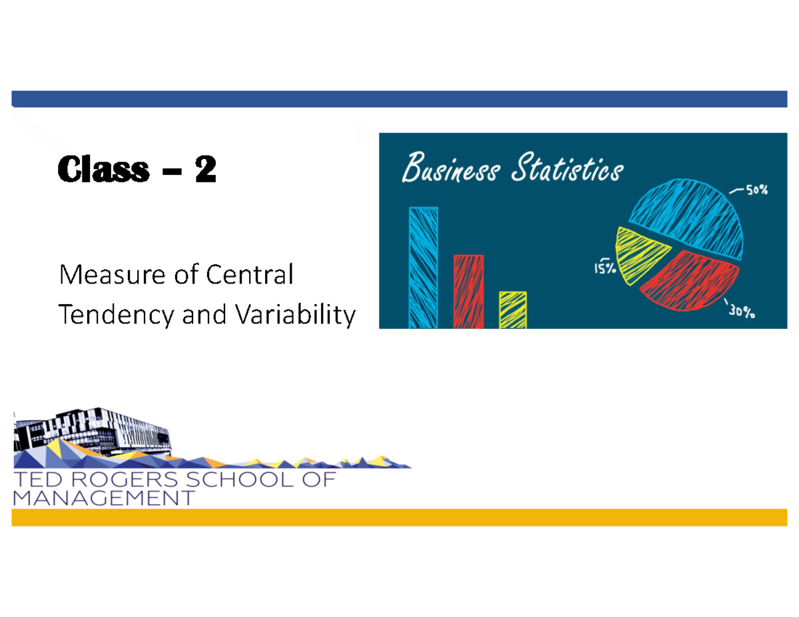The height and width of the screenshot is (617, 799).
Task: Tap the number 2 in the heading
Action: click(205, 170)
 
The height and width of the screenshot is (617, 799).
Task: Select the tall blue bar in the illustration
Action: click(423, 267)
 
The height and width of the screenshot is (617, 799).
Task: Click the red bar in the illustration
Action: click(469, 291)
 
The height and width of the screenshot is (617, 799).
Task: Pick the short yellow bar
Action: click(513, 309)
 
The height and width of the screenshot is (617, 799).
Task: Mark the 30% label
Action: click(740, 311)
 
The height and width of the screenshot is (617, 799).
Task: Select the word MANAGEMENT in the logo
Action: click(104, 498)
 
